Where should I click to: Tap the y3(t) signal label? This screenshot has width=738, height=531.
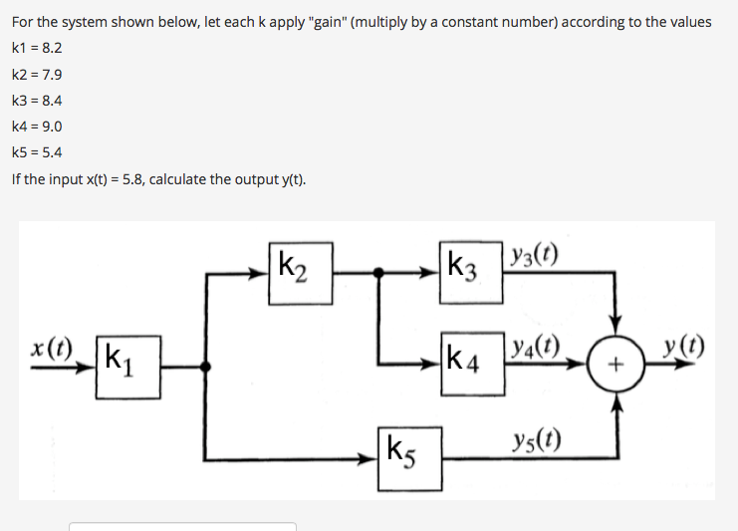tap(533, 252)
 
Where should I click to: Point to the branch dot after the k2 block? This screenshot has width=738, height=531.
tap(377, 270)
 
